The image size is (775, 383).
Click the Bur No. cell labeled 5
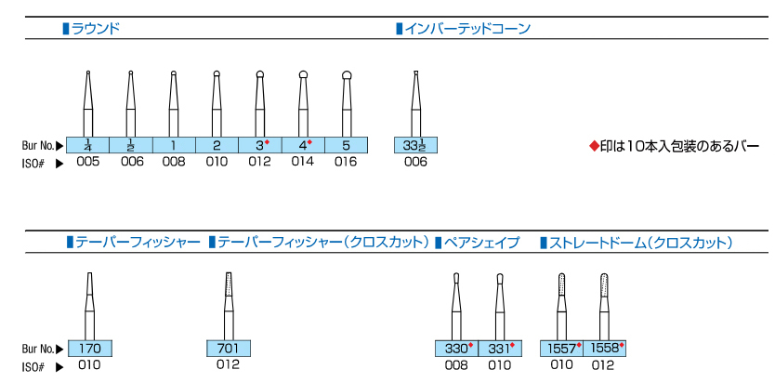click(x=346, y=145)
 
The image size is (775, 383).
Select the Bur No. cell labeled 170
click(x=90, y=349)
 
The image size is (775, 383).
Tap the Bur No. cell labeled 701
click(x=229, y=349)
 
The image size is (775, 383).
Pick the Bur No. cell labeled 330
click(x=455, y=349)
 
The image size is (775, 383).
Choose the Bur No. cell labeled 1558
click(x=604, y=349)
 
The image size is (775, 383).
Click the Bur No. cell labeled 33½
click(x=415, y=145)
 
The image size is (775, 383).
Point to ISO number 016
click(x=346, y=162)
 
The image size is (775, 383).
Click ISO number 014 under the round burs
click(x=303, y=162)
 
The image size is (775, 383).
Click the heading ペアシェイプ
click(x=483, y=243)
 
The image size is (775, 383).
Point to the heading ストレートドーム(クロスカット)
click(x=641, y=243)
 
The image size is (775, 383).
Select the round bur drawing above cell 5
click(x=346, y=102)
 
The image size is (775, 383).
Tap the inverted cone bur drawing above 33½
click(x=415, y=102)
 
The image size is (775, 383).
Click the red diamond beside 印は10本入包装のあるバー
click(x=595, y=147)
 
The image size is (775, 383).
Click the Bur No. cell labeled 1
click(x=174, y=145)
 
